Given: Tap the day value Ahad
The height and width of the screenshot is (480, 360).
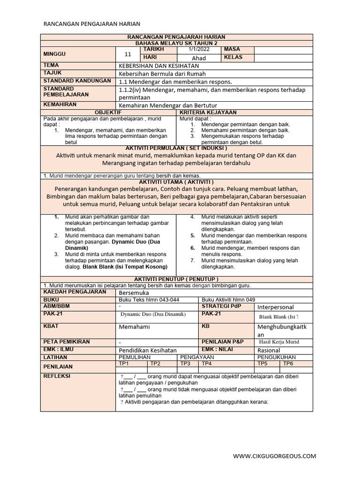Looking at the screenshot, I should pyautogui.click(x=199, y=58).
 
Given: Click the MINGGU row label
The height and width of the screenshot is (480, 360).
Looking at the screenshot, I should pyautogui.click(x=55, y=53).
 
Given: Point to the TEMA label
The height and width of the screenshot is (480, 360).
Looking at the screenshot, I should pyautogui.click(x=51, y=66).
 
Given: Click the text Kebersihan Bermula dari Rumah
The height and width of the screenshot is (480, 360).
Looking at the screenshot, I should pyautogui.click(x=162, y=74).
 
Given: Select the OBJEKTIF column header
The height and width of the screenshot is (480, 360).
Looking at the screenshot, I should pyautogui.click(x=108, y=113).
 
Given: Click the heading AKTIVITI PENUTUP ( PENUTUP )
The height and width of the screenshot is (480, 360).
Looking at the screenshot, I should pyautogui.click(x=176, y=279).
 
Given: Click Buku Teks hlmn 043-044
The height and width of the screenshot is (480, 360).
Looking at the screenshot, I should pyautogui.click(x=149, y=300).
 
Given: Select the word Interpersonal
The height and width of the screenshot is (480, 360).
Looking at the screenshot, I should pyautogui.click(x=276, y=307).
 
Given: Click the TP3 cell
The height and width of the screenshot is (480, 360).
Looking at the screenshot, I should pyautogui.click(x=186, y=364).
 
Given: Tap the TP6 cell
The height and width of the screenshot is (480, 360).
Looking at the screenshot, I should pyautogui.click(x=288, y=364).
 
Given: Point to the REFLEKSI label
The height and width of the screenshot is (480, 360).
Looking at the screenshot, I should pyautogui.click(x=56, y=376).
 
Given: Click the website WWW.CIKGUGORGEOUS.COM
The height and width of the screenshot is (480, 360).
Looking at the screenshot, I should pyautogui.click(x=274, y=456).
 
